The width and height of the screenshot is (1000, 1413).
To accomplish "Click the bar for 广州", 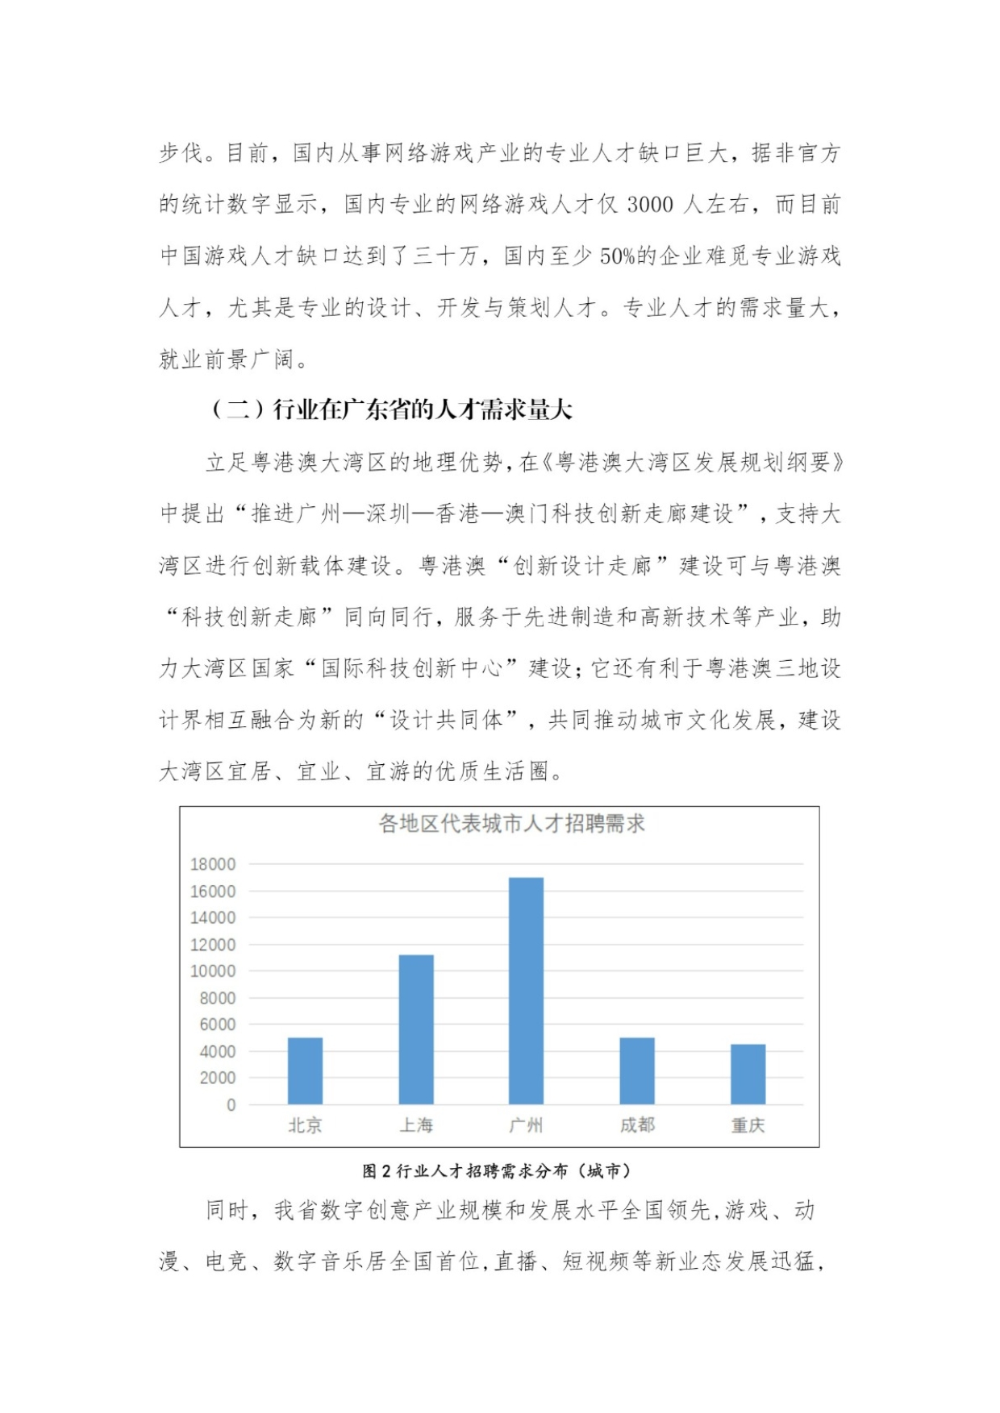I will coord(526,991).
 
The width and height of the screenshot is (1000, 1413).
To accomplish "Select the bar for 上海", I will coord(416,1029).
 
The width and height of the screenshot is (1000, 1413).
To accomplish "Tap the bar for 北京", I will coord(305,1070).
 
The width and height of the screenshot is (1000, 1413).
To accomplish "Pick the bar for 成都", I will coord(637,1070).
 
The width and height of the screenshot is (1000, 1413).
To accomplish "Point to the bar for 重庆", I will coord(748,1074).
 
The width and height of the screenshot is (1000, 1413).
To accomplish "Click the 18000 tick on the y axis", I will coord(213,864).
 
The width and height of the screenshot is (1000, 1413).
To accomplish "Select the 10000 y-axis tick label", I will coord(213,971).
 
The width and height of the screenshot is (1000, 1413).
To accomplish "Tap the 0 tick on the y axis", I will coord(231,1105).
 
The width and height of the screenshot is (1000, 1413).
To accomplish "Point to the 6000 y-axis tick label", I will coord(218,1024).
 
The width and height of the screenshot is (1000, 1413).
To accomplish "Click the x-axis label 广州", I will coord(526,1125).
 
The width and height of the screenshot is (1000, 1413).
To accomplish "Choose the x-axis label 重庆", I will coord(748,1125).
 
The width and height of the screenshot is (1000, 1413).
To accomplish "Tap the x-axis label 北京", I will coord(305,1125).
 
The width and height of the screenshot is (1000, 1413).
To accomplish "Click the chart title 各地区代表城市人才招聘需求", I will coord(511,824).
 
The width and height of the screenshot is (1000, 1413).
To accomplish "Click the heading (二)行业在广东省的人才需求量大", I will coord(392,409).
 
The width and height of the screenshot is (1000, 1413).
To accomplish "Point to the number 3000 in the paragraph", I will coord(649,205).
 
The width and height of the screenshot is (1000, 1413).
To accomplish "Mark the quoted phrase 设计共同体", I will coord(447,720).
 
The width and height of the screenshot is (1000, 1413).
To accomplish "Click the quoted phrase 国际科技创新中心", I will coord(412,668).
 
